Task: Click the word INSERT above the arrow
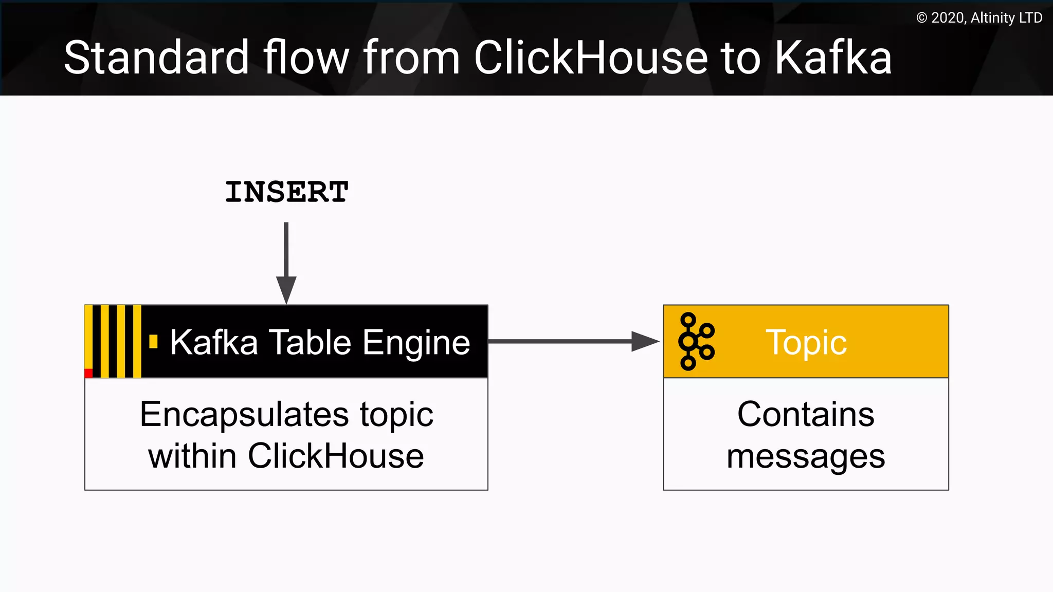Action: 286,192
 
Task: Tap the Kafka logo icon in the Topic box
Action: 696,341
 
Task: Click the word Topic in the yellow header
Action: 806,342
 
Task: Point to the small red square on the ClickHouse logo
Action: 88,373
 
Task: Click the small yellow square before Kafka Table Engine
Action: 153,342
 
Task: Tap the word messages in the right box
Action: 805,456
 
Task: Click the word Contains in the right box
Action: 805,414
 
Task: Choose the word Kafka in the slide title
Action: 833,58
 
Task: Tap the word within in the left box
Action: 193,456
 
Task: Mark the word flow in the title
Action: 306,58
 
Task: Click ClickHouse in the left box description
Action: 336,456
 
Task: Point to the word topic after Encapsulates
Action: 396,415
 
